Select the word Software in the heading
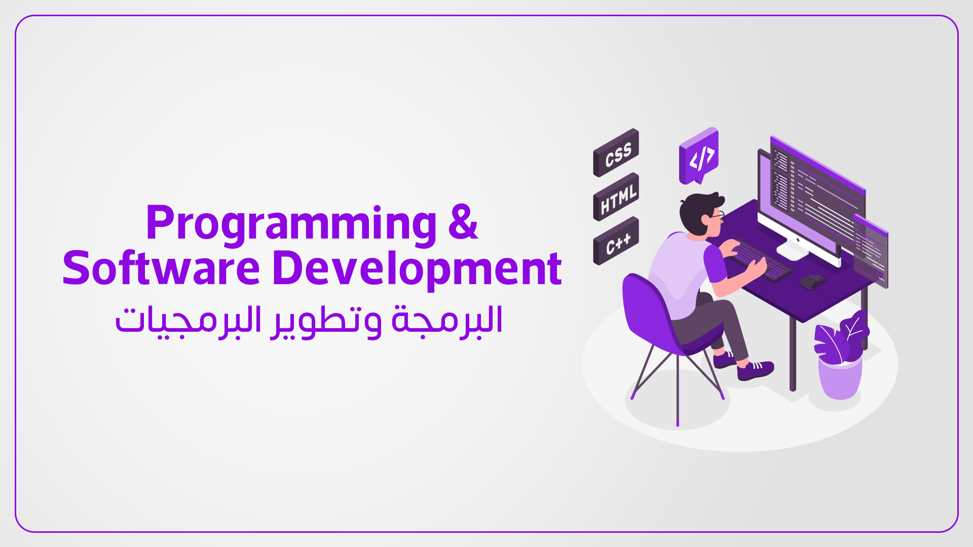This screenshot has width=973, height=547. tap(161, 268)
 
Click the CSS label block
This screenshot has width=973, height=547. tap(616, 153)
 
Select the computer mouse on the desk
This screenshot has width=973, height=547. tap(812, 281)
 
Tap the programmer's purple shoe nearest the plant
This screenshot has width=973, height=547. tap(755, 370)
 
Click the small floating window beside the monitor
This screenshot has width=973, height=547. tap(871, 251)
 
